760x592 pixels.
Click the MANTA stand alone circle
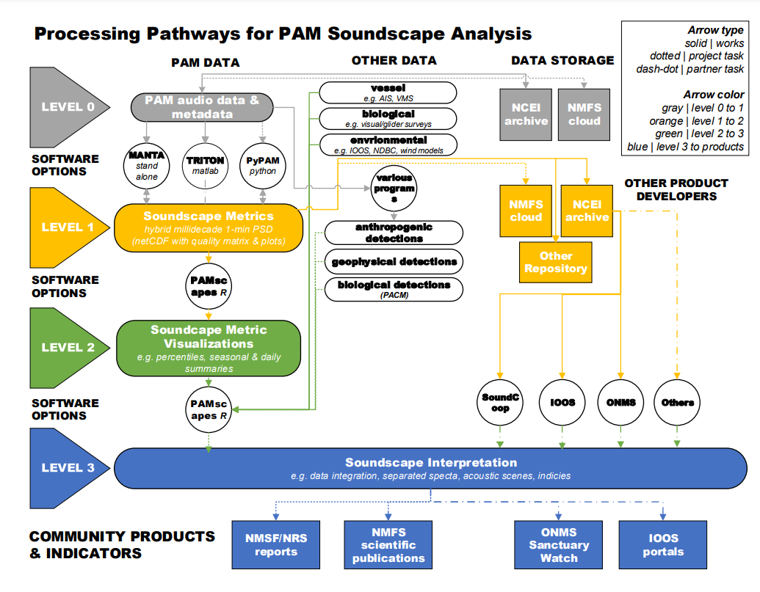[146, 165]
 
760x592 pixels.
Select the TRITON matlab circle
[205, 165]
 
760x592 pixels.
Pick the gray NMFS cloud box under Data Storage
[584, 114]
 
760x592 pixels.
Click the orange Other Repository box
[555, 263]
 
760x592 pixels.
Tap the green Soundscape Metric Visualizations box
[209, 348]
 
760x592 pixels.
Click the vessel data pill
[388, 92]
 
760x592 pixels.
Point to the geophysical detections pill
[394, 261]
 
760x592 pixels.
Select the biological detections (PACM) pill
[394, 288]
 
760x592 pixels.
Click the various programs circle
[394, 189]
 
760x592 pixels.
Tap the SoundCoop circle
[501, 402]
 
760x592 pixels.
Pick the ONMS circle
[620, 402]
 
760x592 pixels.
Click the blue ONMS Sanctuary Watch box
[559, 545]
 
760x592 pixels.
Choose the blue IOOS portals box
[662, 545]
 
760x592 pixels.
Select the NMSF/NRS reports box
[276, 545]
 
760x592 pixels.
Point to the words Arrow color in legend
[713, 95]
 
